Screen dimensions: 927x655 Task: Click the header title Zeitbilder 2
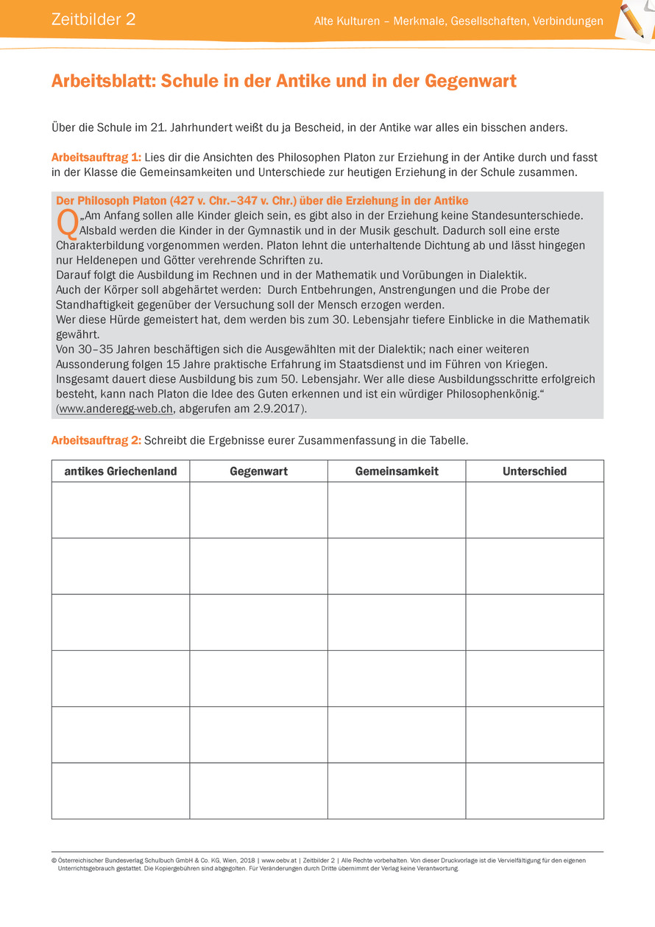[x=93, y=20]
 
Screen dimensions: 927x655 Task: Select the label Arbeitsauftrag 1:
[x=96, y=158]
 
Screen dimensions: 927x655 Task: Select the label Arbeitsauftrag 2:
[x=96, y=440]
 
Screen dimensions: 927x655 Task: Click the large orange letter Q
[x=66, y=225]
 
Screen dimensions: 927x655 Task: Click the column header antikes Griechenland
[x=121, y=471]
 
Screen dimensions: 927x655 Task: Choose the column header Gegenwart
[x=258, y=471]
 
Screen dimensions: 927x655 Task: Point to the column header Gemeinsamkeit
[x=397, y=471]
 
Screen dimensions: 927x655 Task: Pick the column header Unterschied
[x=534, y=471]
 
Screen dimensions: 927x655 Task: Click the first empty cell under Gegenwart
[x=258, y=510]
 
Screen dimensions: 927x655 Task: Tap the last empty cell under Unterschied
[x=534, y=790]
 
